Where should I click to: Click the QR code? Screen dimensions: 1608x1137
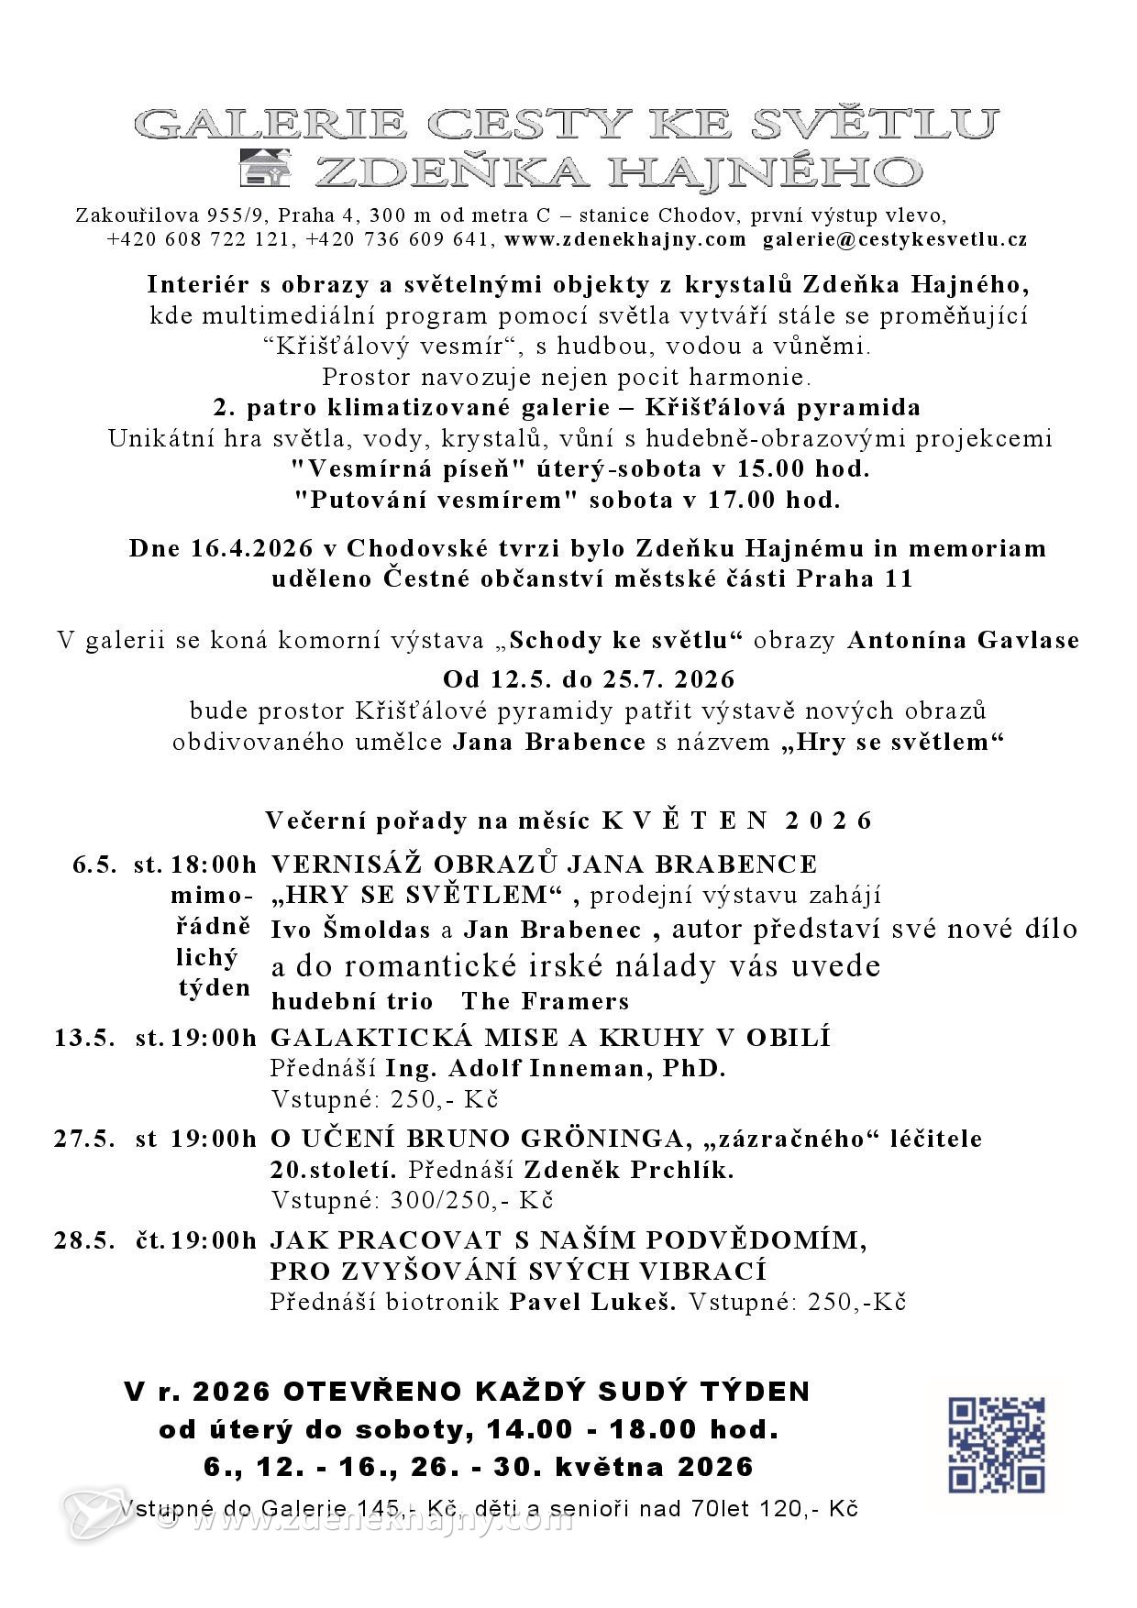(996, 1445)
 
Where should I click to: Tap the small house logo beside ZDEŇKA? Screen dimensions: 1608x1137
(264, 167)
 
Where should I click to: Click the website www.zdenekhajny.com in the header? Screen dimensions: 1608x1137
(625, 240)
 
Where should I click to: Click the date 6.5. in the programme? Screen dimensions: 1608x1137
(95, 865)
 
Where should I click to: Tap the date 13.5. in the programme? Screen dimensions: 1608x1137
(85, 1038)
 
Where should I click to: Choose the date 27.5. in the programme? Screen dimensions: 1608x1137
(85, 1139)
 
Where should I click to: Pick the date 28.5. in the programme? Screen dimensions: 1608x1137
(85, 1240)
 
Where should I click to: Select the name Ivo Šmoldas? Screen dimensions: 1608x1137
(350, 930)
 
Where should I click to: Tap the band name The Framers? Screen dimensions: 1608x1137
(546, 1000)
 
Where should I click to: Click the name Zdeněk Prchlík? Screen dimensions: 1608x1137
(629, 1170)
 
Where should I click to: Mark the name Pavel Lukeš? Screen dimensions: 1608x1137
(592, 1302)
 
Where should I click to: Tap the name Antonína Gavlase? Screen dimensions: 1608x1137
(963, 640)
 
